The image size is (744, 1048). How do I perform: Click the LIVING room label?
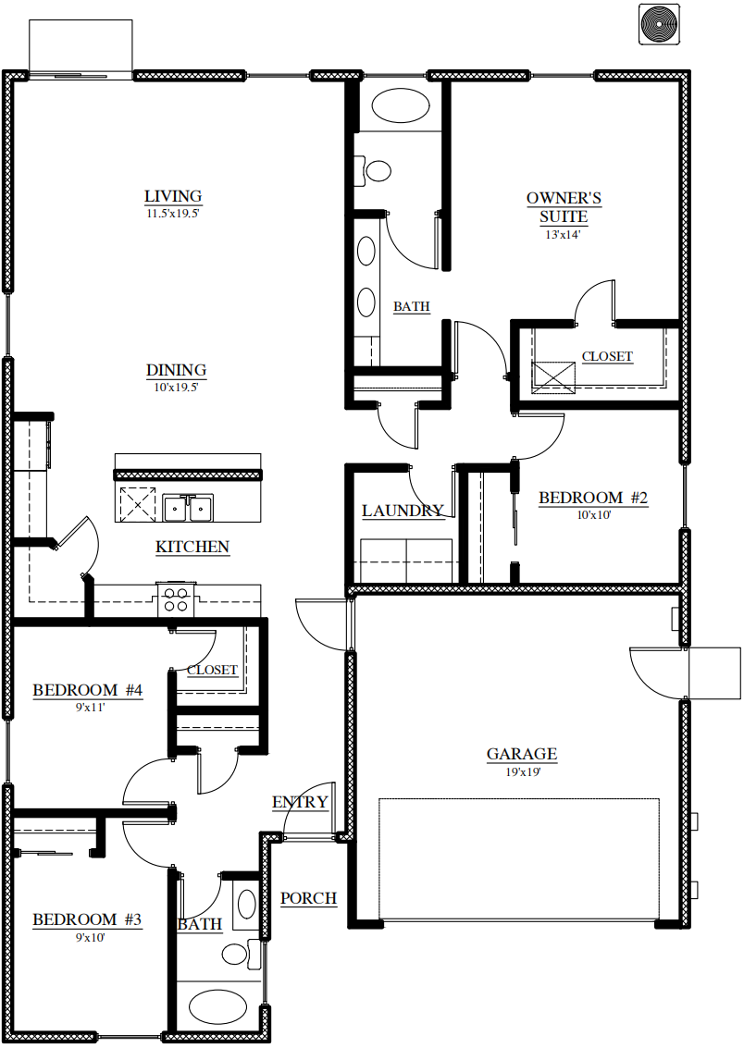pos(173,196)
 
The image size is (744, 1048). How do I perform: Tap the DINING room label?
pos(177,370)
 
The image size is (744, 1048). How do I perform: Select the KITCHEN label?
pos(192,548)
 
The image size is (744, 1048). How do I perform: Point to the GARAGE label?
pos(521,755)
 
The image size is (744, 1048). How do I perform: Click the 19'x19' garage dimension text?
pos(523,772)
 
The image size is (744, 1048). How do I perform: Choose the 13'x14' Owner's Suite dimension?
pos(563,235)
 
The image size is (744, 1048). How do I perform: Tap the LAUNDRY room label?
pos(403,512)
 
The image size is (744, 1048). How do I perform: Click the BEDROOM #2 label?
pos(593,498)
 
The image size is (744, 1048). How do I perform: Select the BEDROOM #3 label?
pos(88,919)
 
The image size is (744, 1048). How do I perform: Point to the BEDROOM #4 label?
pos(88,690)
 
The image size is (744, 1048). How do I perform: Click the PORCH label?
pos(309,898)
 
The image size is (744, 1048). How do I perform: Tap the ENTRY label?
pos(300,802)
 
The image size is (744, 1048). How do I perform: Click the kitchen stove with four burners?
pos(176,598)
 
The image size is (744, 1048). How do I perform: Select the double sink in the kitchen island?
pos(188,509)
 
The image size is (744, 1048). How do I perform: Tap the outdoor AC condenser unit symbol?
pos(659,24)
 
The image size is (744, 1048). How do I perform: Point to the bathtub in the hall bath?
pos(217,1006)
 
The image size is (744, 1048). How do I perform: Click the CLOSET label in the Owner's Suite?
pos(607,357)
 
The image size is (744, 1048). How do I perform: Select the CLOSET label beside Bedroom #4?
pos(213,671)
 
